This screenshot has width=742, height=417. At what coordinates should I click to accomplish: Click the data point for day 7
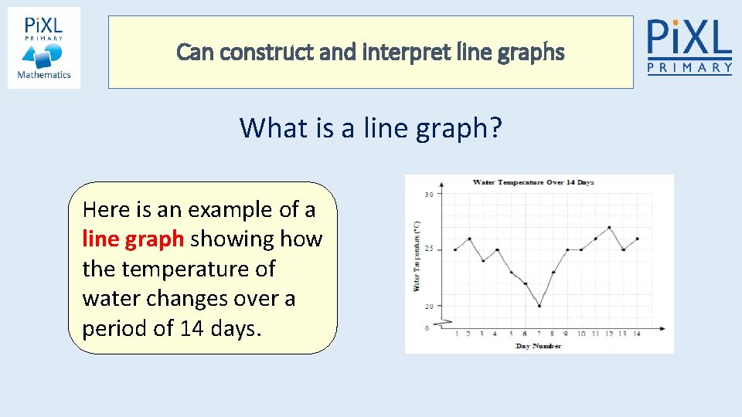539,306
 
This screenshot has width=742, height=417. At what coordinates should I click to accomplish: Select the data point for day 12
610,227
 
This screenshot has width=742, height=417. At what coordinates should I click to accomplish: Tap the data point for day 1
455,249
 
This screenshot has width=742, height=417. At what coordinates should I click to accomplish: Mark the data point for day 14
638,239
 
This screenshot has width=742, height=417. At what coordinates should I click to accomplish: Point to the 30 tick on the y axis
428,195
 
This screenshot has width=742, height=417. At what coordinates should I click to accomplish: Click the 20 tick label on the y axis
428,307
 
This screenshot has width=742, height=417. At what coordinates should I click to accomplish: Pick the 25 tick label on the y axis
428,249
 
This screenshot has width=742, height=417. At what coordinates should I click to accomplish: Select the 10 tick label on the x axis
581,334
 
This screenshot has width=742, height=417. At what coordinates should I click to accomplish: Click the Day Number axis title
538,345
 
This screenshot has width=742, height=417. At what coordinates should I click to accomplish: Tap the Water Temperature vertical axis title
417,255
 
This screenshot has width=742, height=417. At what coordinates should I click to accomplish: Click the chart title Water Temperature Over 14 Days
533,183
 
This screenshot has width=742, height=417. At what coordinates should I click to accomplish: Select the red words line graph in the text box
133,239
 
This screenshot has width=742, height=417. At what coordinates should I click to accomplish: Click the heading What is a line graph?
370,127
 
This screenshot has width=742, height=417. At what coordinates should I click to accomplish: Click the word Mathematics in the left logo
44,75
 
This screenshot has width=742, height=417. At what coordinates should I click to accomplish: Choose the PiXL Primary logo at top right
689,46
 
